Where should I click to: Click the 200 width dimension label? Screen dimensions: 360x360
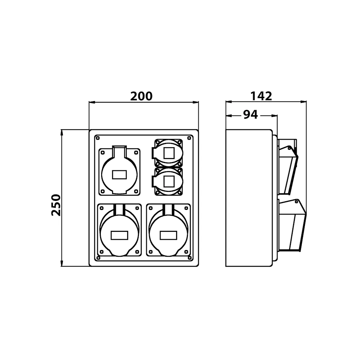[x=141, y=96]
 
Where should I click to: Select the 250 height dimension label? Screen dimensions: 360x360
[x=56, y=205]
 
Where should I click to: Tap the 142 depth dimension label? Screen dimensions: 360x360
[x=261, y=96]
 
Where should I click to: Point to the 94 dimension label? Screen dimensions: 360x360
[x=251, y=114]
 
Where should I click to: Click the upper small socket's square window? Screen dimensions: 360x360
[x=169, y=153]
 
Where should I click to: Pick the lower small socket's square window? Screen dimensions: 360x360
[x=169, y=181]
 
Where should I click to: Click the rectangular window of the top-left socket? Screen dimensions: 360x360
[x=120, y=175]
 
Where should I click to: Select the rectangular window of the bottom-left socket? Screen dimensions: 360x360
[x=120, y=235]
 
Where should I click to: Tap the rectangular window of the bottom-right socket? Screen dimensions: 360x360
[x=168, y=235]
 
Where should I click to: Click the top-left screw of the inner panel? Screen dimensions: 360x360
[x=98, y=138]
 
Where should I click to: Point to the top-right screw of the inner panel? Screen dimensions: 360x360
[x=189, y=138]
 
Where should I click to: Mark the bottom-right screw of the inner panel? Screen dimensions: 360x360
[x=190, y=258]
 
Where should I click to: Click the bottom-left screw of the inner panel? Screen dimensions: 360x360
[x=98, y=258]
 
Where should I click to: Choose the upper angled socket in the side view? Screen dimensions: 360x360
[x=288, y=167]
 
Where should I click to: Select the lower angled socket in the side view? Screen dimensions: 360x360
[x=292, y=225]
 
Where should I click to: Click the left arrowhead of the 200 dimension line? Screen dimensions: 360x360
[x=92, y=102]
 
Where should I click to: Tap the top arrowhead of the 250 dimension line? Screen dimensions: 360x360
[x=62, y=132]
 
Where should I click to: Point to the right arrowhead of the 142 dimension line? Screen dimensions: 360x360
[x=303, y=102]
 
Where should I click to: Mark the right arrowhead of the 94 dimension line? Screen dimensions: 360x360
[x=275, y=116]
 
